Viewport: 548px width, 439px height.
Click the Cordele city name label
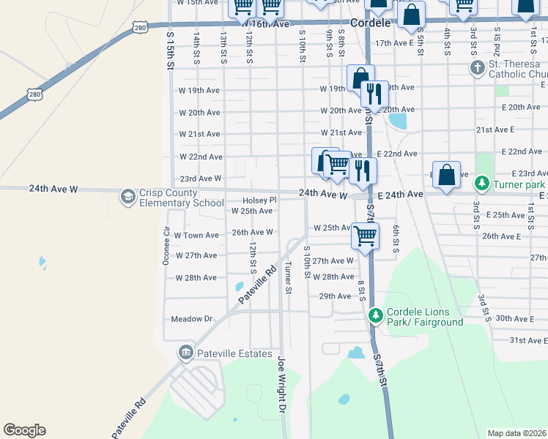click(371, 23)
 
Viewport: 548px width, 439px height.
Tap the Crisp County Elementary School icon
click(128, 197)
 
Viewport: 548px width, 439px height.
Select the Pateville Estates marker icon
click(185, 353)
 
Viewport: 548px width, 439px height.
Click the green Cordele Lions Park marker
click(375, 315)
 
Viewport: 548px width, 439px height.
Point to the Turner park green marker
click(482, 181)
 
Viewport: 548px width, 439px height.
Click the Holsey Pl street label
click(259, 200)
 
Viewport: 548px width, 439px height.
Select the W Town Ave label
click(196, 236)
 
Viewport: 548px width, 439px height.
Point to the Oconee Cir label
click(166, 241)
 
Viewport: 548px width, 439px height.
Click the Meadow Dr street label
click(191, 319)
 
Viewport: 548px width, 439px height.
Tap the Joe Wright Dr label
click(281, 384)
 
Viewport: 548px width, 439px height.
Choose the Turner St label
click(288, 278)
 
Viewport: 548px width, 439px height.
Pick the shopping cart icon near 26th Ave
click(364, 236)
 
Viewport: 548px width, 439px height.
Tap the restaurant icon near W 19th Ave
click(374, 93)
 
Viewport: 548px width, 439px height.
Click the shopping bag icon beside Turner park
click(446, 174)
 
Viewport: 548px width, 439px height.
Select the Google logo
click(24, 430)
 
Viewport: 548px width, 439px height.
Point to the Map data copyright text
click(516, 433)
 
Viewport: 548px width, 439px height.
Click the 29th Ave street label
click(335, 296)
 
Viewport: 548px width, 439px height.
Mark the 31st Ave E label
click(528, 340)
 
